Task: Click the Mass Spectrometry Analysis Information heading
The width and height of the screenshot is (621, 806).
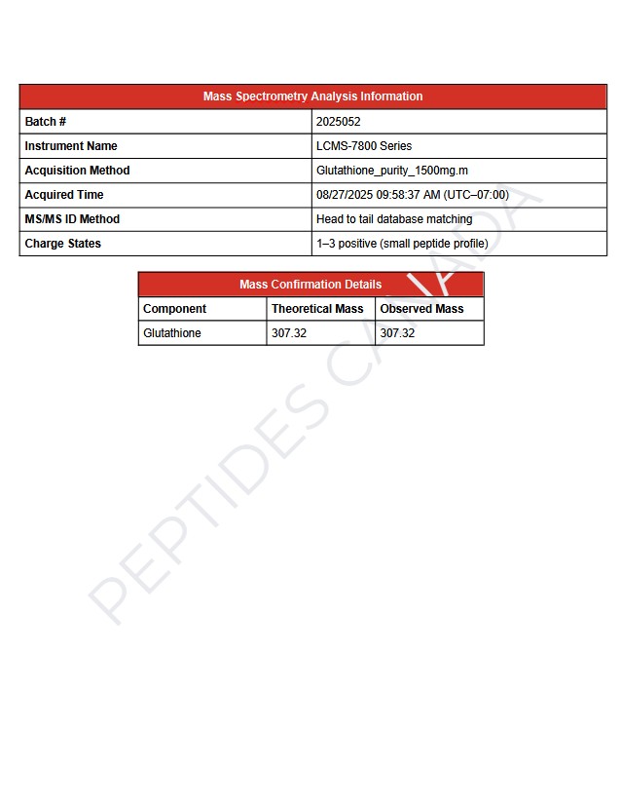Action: click(x=312, y=96)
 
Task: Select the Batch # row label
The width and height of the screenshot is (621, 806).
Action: click(x=46, y=122)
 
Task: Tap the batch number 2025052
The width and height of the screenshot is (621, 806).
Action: click(x=338, y=122)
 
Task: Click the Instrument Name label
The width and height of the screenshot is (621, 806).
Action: click(x=71, y=146)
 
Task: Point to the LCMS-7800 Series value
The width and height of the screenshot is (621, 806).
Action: click(x=364, y=146)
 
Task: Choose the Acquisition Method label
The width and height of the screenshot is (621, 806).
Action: click(x=77, y=171)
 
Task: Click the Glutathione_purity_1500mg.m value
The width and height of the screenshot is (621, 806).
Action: click(x=392, y=171)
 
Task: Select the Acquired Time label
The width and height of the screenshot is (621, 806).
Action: click(x=64, y=195)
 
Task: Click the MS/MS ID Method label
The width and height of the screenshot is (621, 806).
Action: click(x=72, y=219)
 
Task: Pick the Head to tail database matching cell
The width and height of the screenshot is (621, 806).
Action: click(x=394, y=219)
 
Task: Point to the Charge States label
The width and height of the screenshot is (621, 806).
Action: click(x=62, y=244)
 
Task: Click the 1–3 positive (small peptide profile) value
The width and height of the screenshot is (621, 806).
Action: click(x=402, y=244)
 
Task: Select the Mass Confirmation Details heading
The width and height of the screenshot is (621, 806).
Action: click(x=310, y=285)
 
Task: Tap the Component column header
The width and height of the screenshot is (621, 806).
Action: click(x=174, y=309)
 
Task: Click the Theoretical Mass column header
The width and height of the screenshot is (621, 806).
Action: click(x=317, y=309)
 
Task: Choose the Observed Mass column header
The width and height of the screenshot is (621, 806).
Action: click(x=421, y=309)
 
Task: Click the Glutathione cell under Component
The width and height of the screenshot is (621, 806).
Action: click(x=172, y=333)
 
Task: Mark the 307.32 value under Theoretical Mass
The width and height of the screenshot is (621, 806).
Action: click(x=289, y=333)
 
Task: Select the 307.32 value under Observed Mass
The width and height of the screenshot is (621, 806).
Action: click(x=397, y=333)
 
